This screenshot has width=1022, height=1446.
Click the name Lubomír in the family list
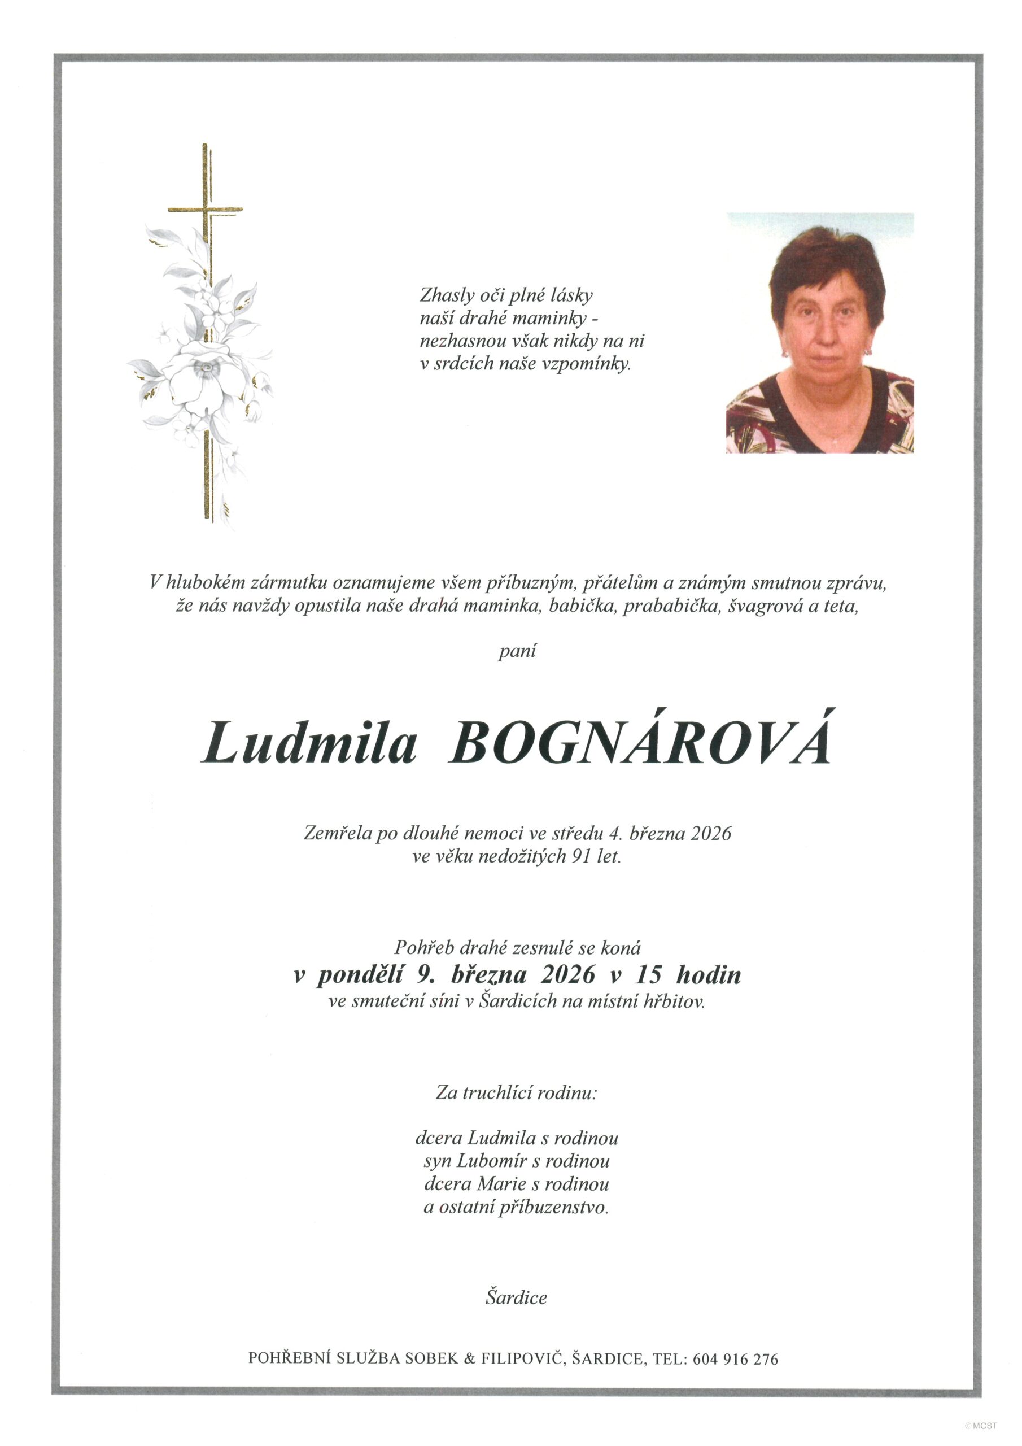[x=490, y=1161]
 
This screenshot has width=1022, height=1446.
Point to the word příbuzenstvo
[x=553, y=1207]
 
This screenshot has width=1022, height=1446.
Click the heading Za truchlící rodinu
[x=516, y=1092]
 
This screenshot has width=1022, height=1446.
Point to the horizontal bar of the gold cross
[x=206, y=208]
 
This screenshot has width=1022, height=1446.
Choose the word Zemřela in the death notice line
[x=338, y=834]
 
